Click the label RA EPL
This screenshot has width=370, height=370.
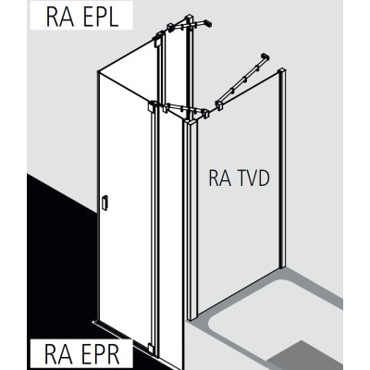click(82, 16)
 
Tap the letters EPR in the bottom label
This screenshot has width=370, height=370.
click(98, 354)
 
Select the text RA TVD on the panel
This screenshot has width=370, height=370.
click(239, 179)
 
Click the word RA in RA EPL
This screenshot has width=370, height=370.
click(60, 16)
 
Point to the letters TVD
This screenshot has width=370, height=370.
click(253, 179)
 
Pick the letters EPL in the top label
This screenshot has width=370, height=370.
click(98, 16)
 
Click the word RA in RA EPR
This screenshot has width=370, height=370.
click(58, 354)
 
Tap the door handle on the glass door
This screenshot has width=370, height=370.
click(105, 203)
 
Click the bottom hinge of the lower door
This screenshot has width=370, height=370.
click(151, 347)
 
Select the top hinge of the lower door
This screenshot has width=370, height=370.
click(152, 107)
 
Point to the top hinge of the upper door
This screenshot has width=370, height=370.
click(156, 40)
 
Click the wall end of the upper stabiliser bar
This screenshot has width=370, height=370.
click(208, 23)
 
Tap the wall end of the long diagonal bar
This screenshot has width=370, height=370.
click(265, 57)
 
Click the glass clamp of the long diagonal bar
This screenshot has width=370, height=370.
click(220, 105)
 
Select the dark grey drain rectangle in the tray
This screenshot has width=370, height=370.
click(303, 355)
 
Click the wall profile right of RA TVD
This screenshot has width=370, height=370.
click(282, 168)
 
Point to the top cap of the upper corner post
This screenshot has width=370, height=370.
click(189, 18)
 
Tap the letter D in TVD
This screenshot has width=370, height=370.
click(264, 179)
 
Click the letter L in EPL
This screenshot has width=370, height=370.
click(114, 16)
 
